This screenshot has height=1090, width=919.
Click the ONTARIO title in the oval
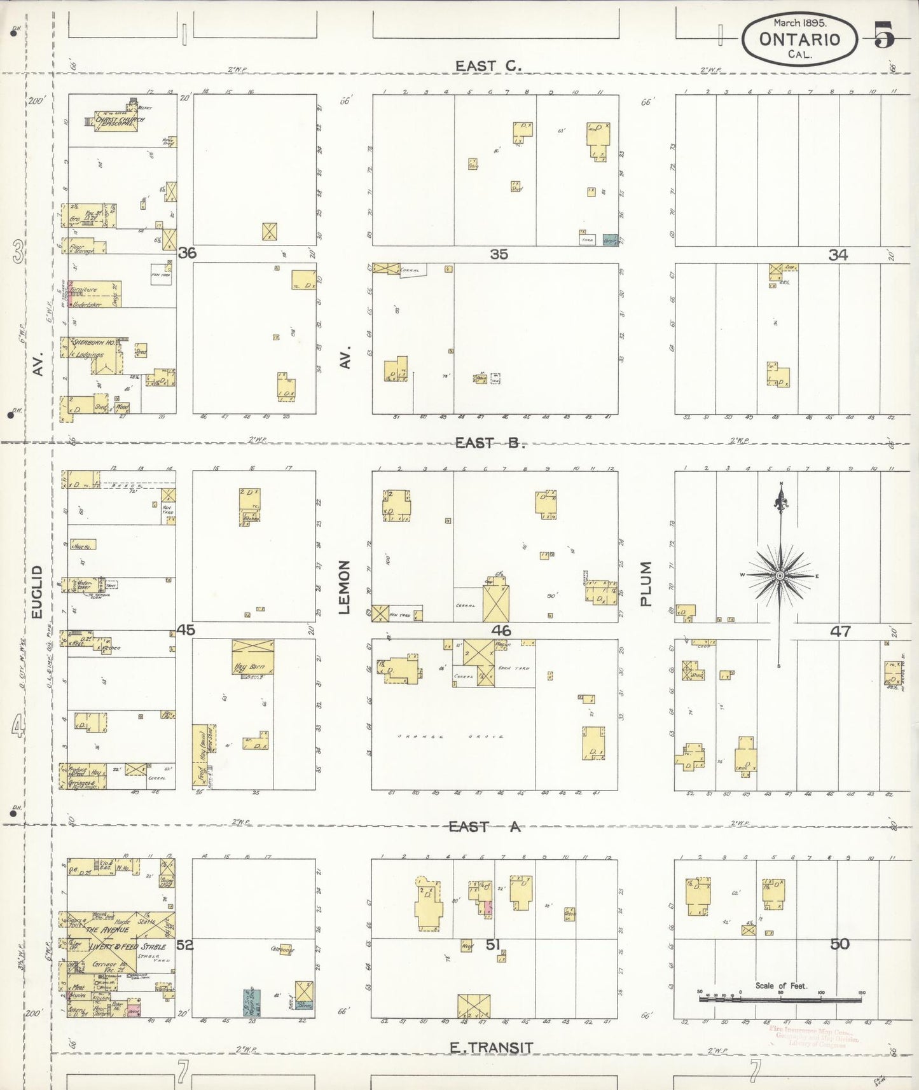(799, 39)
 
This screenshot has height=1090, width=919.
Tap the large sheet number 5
(883, 34)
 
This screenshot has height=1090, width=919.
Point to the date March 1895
(800, 22)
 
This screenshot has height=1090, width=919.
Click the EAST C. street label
(488, 66)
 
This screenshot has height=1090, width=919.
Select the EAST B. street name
(490, 443)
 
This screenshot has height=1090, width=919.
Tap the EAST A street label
(484, 826)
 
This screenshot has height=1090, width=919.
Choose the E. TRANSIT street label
(491, 1047)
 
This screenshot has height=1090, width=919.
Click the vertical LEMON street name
(345, 587)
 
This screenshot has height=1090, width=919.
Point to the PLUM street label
(646, 583)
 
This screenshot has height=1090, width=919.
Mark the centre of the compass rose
(780, 576)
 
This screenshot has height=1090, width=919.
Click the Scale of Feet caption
(780, 986)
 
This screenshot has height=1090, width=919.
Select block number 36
(187, 253)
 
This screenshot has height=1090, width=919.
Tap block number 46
(501, 631)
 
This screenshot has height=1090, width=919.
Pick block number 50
(840, 944)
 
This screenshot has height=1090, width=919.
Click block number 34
(838, 255)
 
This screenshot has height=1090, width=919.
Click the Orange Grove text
(450, 736)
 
